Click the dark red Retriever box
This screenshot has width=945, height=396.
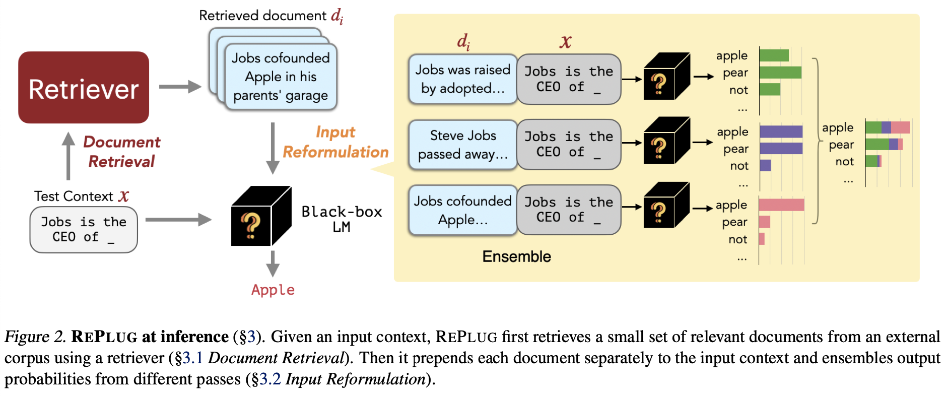pyautogui.click(x=84, y=88)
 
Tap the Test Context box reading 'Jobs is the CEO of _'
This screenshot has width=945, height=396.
pyautogui.click(x=84, y=230)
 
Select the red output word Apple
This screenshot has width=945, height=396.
pyautogui.click(x=273, y=290)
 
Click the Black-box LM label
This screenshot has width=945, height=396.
pyautogui.click(x=342, y=219)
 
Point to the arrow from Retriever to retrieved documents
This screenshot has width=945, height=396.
pyautogui.click(x=180, y=87)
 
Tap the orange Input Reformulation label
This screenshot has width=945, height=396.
pyautogui.click(x=335, y=142)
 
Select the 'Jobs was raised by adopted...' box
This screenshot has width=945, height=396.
pyautogui.click(x=462, y=79)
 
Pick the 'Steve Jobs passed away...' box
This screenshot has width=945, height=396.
pyautogui.click(x=462, y=145)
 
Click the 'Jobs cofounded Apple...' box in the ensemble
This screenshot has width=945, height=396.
pyautogui.click(x=462, y=210)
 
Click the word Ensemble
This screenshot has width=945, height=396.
pyautogui.click(x=516, y=256)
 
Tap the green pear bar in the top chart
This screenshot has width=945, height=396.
pyautogui.click(x=780, y=73)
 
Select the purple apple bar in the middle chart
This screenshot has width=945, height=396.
pyautogui.click(x=781, y=131)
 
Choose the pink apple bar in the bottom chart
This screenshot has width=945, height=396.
pyautogui.click(x=781, y=205)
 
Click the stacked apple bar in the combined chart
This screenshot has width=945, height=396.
pyautogui.click(x=888, y=127)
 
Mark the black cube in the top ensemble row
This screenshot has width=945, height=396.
pyautogui.click(x=666, y=77)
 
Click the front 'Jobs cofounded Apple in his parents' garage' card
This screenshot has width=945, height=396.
pyautogui.click(x=281, y=77)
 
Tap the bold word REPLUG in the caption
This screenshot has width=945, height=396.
pyautogui.click(x=104, y=337)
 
